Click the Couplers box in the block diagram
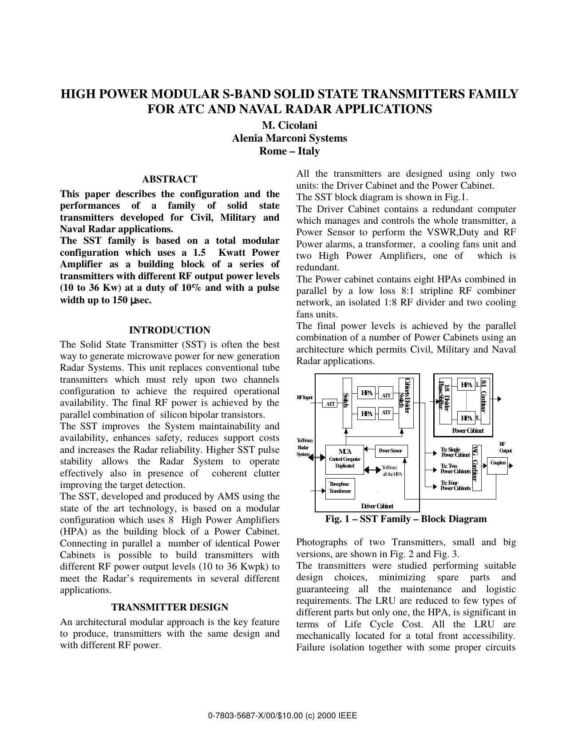[x=497, y=463]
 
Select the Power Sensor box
[x=391, y=451]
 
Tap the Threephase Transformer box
[x=340, y=488]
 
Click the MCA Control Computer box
[x=344, y=459]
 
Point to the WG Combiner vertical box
[x=476, y=468]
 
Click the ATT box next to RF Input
[x=330, y=404]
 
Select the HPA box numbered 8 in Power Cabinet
[x=466, y=418]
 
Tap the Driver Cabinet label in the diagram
[x=377, y=506]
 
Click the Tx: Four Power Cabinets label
[x=455, y=485]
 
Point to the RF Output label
[x=505, y=447]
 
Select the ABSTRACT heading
[x=170, y=179]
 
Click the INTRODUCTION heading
[x=170, y=330]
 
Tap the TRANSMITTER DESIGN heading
[x=170, y=607]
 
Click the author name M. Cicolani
[x=289, y=125]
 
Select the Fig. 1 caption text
[x=406, y=519]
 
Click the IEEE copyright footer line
[x=283, y=716]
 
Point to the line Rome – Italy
[x=289, y=151]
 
